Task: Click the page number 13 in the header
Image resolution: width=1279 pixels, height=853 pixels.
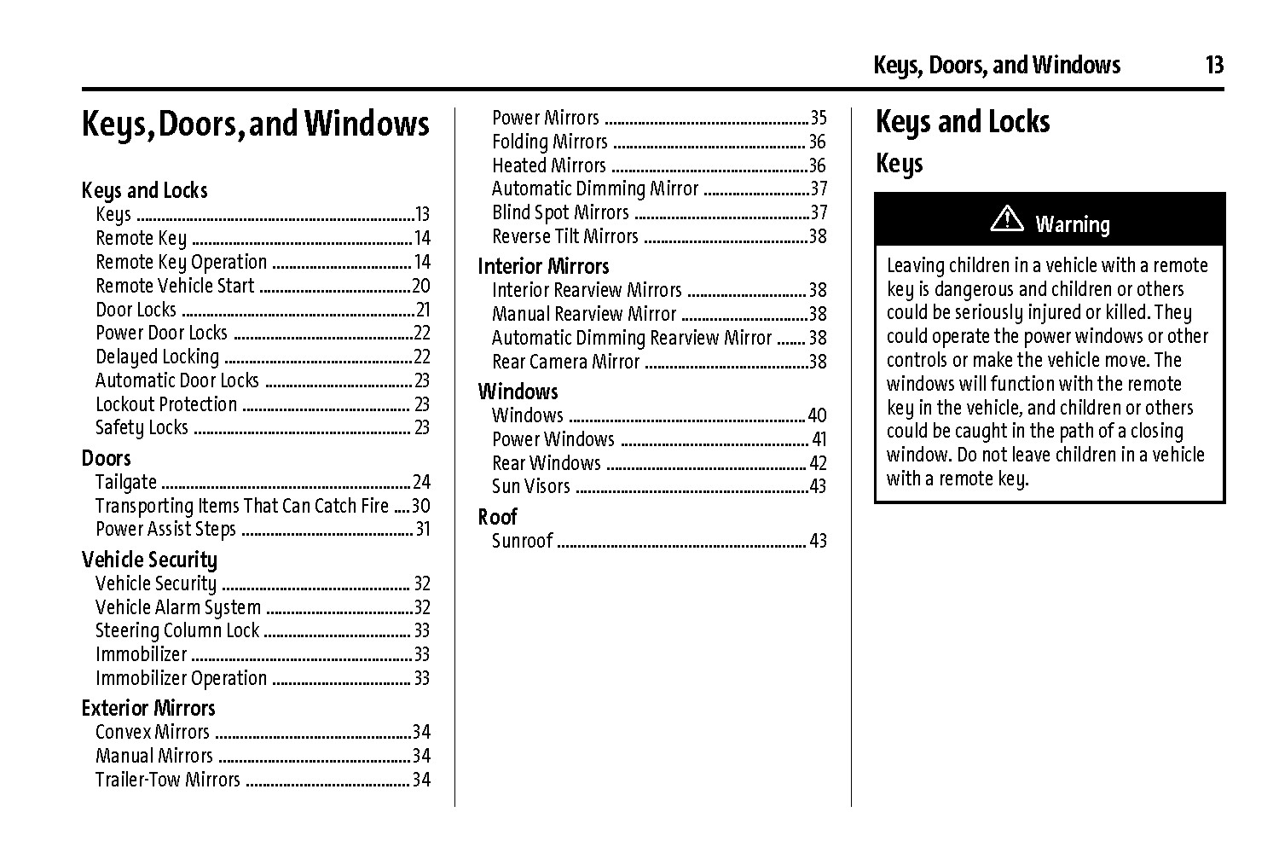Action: pyautogui.click(x=1214, y=65)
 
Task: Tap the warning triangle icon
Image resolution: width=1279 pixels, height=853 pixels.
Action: pyautogui.click(x=1007, y=219)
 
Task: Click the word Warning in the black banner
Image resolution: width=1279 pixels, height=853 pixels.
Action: pyautogui.click(x=1073, y=224)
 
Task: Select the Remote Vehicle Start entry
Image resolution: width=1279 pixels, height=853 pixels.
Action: pyautogui.click(x=175, y=286)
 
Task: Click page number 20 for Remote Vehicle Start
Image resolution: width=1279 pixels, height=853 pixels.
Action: pyautogui.click(x=421, y=286)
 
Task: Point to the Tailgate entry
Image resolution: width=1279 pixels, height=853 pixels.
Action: pyautogui.click(x=126, y=482)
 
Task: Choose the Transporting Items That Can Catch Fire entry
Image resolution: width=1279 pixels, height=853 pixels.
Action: pyautogui.click(x=242, y=506)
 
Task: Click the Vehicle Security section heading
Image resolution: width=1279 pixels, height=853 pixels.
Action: pyautogui.click(x=149, y=560)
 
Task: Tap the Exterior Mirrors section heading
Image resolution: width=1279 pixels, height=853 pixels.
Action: pyautogui.click(x=148, y=708)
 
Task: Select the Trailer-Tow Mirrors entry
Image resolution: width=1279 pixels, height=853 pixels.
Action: pyautogui.click(x=168, y=780)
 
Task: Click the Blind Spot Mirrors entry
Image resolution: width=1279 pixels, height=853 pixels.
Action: pyautogui.click(x=560, y=212)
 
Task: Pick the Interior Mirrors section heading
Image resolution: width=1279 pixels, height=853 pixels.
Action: pyautogui.click(x=543, y=266)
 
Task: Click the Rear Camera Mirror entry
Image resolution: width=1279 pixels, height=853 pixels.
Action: pyautogui.click(x=565, y=362)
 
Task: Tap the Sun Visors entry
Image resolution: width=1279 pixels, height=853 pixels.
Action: pyautogui.click(x=530, y=486)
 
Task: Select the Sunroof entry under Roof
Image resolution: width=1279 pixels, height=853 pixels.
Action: pyautogui.click(x=522, y=541)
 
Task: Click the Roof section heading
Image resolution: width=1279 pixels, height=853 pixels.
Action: pyautogui.click(x=497, y=517)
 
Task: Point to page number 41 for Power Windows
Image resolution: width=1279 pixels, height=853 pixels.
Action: pyautogui.click(x=819, y=439)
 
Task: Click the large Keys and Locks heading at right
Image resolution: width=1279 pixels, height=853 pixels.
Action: pyautogui.click(x=963, y=122)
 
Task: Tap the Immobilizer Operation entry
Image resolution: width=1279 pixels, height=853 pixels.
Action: pyautogui.click(x=181, y=678)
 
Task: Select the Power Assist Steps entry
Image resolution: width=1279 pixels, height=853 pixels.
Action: pyautogui.click(x=165, y=529)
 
